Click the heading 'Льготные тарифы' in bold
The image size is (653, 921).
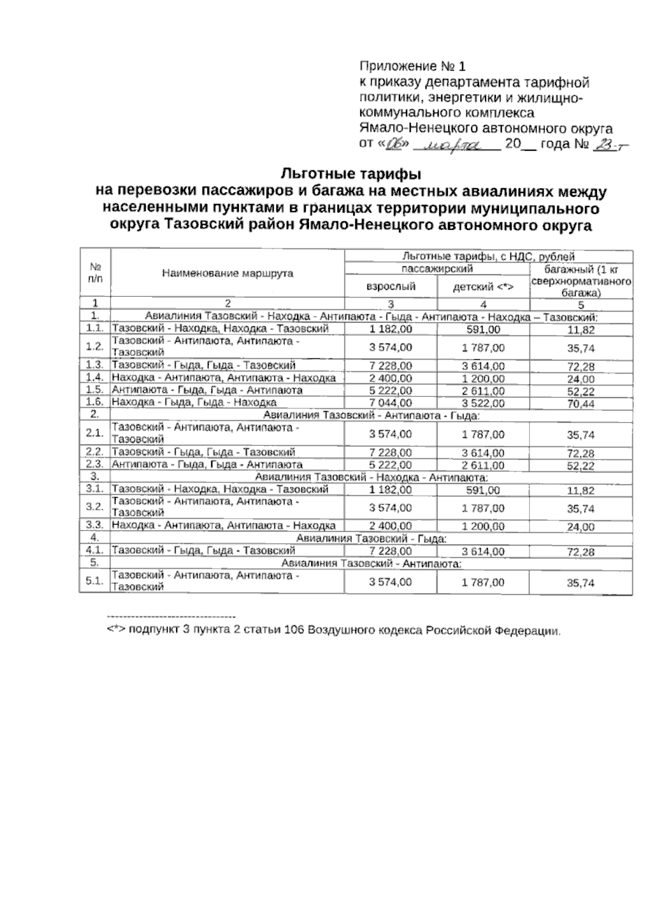[x=351, y=175]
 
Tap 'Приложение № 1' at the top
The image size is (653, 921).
[x=412, y=66]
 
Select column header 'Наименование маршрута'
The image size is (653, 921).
[x=227, y=273]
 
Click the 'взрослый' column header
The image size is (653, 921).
[x=391, y=287]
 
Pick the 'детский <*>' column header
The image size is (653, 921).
[x=483, y=287]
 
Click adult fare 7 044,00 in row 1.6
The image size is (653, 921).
[x=391, y=403]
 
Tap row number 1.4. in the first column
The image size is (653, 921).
[x=95, y=378]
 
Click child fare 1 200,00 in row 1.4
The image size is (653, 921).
[x=483, y=378]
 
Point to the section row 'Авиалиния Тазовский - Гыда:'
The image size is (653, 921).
[x=371, y=539]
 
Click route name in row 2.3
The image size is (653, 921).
[x=207, y=465]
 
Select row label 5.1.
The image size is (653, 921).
[x=95, y=581]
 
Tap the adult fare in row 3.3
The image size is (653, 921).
[x=391, y=526]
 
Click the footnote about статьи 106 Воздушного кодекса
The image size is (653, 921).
[x=334, y=631]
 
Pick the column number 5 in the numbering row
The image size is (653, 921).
[x=581, y=304]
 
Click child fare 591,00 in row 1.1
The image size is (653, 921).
[x=483, y=329]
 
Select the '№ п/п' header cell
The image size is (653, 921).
[x=96, y=273]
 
